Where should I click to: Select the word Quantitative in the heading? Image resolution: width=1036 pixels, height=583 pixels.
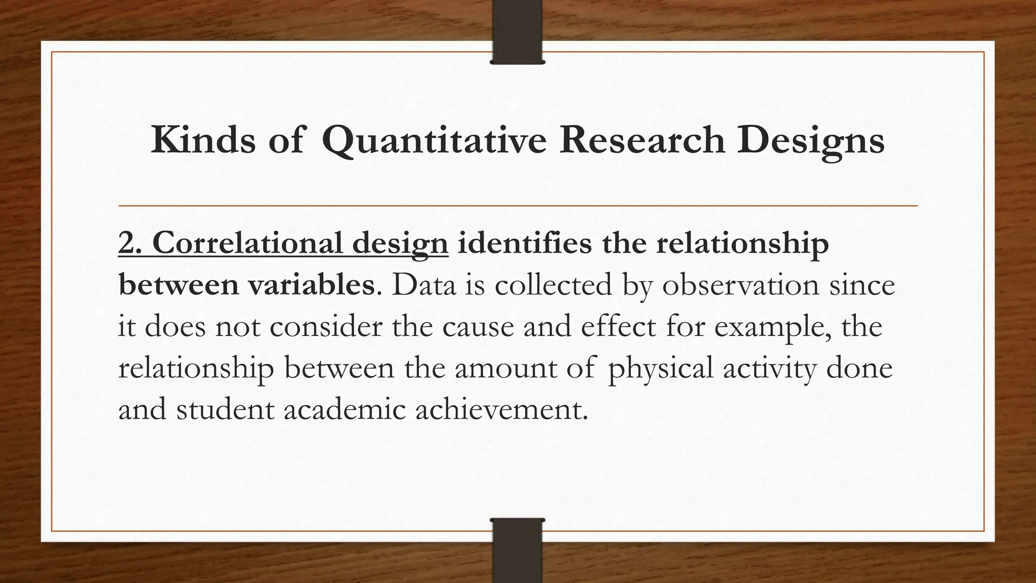434,141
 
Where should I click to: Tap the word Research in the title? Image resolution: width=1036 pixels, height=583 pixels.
641,140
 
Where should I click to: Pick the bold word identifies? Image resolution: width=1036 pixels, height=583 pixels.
524,243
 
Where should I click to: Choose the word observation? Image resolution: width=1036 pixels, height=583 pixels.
740,284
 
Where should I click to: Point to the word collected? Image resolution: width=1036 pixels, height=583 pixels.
553,284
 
